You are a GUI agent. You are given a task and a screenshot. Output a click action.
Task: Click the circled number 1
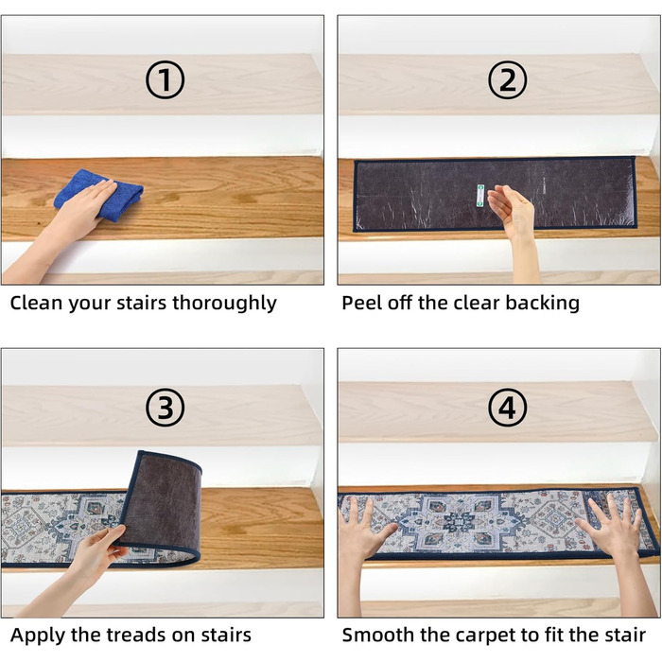(165, 79)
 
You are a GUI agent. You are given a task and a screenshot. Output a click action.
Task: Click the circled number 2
(507, 79)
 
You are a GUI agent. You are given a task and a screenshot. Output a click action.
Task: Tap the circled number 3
(165, 408)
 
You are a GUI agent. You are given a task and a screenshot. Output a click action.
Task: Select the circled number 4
(507, 408)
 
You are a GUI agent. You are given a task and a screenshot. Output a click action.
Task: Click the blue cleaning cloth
(99, 194)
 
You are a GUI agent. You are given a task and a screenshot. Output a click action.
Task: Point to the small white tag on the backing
(480, 196)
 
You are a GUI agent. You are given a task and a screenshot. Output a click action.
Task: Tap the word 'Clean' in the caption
(36, 303)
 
